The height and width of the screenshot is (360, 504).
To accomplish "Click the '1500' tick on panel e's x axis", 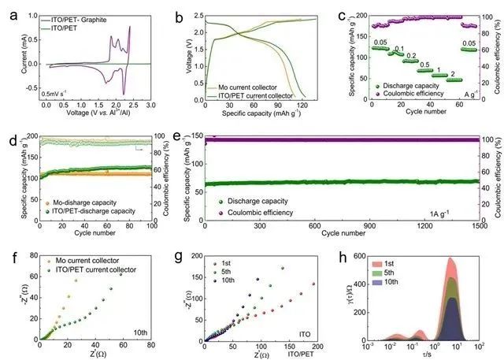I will click(472, 226).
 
